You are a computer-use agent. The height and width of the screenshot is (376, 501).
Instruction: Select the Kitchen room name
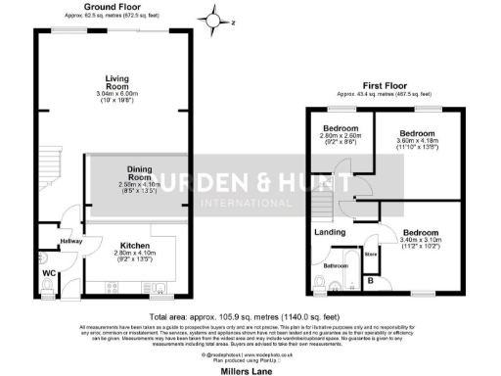coord(134,246)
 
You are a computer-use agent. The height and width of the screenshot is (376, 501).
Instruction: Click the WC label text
coord(48,273)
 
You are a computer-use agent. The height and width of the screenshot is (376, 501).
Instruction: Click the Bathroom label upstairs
coord(337,265)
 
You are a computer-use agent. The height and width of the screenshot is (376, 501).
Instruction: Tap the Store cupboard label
coord(370,255)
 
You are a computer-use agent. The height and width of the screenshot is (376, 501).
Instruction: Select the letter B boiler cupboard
coord(369,280)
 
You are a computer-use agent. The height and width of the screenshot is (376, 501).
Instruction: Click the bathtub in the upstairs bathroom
coord(345,285)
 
